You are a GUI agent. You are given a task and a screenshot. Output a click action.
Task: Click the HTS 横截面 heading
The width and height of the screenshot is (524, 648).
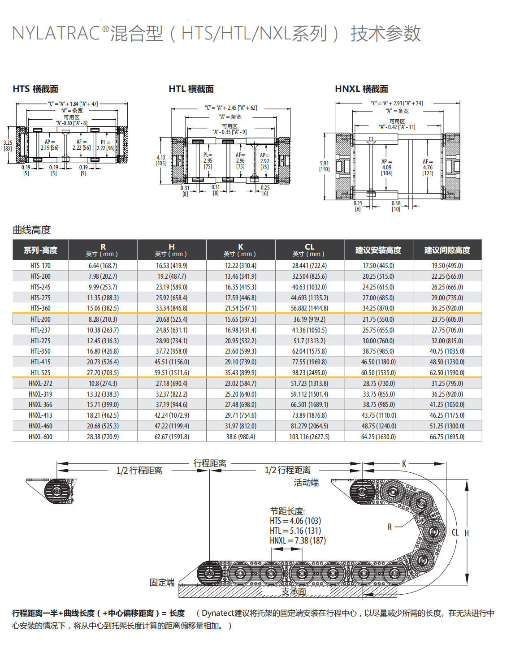[x=35, y=89]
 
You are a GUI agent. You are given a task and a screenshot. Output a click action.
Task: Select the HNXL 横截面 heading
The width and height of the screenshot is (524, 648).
[x=361, y=89]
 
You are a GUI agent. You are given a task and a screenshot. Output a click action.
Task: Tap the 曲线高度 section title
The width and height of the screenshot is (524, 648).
[x=31, y=230]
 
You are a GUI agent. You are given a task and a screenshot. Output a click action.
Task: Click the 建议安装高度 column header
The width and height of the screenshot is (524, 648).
[x=378, y=250]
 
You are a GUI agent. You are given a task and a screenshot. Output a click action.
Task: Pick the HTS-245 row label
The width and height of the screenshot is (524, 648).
[x=40, y=287]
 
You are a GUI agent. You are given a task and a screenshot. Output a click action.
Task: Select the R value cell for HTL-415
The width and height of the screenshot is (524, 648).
[x=103, y=362]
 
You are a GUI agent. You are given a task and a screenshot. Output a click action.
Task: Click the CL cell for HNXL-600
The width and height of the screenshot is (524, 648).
[x=309, y=436]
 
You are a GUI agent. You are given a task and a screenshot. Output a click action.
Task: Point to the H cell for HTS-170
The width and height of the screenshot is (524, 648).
[x=171, y=265]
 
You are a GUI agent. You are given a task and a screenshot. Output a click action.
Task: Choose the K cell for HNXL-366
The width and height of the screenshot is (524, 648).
[x=240, y=404]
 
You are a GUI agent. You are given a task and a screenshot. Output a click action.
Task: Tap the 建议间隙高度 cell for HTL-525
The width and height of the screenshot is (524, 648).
[x=447, y=372]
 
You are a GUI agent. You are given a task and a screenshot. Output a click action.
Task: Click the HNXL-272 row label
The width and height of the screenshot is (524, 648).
[x=40, y=383]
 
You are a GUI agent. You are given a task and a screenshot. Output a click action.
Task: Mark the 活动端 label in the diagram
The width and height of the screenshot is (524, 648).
[x=306, y=483]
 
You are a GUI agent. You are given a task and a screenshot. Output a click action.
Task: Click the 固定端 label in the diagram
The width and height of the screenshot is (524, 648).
[x=162, y=583]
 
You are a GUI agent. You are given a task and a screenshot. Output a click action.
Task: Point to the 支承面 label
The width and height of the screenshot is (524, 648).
[x=294, y=592]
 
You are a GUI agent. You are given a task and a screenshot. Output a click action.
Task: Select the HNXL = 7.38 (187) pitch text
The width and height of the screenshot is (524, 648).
[x=298, y=540]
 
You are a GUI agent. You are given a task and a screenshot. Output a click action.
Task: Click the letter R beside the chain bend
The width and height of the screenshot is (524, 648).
[x=390, y=527]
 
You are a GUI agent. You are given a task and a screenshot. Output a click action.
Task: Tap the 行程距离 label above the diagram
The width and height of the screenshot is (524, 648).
[x=209, y=463]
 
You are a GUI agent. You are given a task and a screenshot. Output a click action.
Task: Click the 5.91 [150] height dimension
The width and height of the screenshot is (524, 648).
[x=324, y=166]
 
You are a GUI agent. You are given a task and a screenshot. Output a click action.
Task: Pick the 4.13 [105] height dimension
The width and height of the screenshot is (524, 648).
[x=161, y=160]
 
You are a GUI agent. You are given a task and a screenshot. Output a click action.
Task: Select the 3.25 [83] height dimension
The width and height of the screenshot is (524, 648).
[x=8, y=145]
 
